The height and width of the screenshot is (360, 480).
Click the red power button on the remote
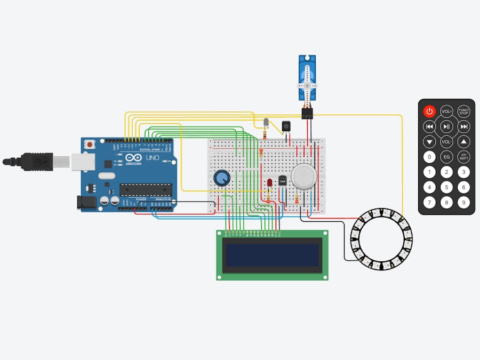point(429,111)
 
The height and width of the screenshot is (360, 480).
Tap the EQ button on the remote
point(446,157)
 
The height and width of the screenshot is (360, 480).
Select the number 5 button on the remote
point(446,187)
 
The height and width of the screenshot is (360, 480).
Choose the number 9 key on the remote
point(464,203)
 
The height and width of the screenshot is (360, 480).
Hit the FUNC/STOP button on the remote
point(464,111)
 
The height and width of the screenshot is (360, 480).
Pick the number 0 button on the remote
point(429,157)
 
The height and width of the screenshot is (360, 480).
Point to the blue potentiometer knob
point(221,177)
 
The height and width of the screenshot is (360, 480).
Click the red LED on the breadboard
point(269,183)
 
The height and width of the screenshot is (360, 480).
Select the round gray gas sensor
point(304,175)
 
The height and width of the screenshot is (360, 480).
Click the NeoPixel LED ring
point(381,239)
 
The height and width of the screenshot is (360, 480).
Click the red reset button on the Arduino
point(91,144)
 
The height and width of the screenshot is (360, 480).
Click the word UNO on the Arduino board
point(152,158)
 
